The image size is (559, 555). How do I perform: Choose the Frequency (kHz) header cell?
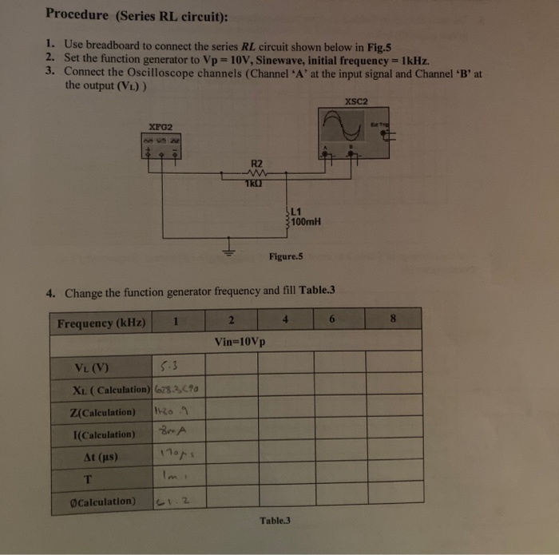click(101, 323)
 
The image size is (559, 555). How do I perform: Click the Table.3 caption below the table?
click(276, 520)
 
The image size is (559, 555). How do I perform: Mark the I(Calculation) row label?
click(105, 435)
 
